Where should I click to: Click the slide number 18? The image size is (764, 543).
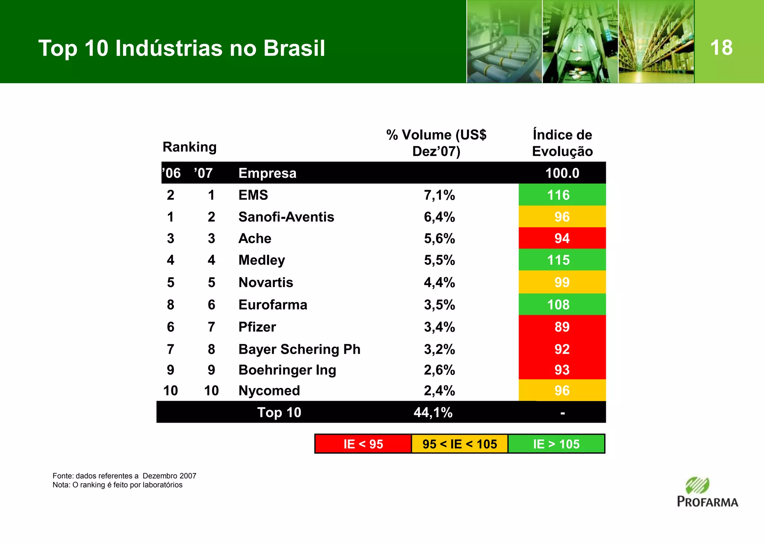point(721,48)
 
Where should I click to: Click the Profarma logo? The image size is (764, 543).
point(707,493)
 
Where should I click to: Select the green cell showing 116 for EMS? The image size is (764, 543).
point(562,195)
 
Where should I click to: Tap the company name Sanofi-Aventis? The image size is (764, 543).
point(286,217)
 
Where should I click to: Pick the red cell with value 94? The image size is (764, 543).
point(562,239)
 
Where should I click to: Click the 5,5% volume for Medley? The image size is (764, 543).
point(439,260)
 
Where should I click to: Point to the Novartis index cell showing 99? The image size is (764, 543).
point(562,282)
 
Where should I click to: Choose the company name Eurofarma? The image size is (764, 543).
point(273,305)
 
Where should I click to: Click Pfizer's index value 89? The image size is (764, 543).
point(562,327)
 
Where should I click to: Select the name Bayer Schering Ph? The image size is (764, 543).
point(299,349)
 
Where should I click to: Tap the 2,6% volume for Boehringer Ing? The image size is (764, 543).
point(439,370)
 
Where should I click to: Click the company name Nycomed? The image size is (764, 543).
point(269,391)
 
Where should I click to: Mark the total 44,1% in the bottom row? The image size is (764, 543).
point(433,413)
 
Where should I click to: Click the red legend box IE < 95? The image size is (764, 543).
point(363,444)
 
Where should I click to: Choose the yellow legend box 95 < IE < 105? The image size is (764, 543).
point(460,444)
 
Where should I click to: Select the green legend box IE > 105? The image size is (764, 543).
point(556,444)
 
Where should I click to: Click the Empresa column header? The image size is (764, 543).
point(267,173)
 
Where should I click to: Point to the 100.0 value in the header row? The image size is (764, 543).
point(562,173)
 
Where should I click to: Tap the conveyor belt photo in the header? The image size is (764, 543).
point(504,42)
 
